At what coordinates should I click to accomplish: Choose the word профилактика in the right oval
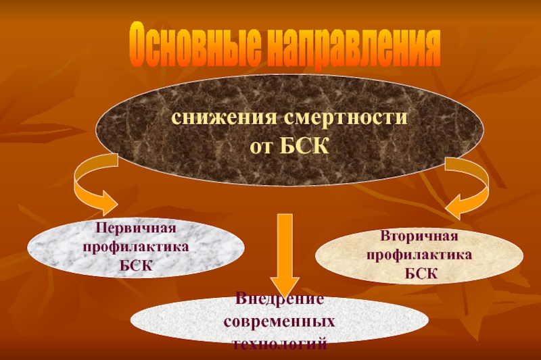tap(419, 255)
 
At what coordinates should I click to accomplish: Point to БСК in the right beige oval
tap(419, 274)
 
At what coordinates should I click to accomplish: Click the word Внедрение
tap(279, 299)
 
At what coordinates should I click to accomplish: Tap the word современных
tap(279, 317)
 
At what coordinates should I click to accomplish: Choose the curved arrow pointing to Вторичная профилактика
tap(470, 186)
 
